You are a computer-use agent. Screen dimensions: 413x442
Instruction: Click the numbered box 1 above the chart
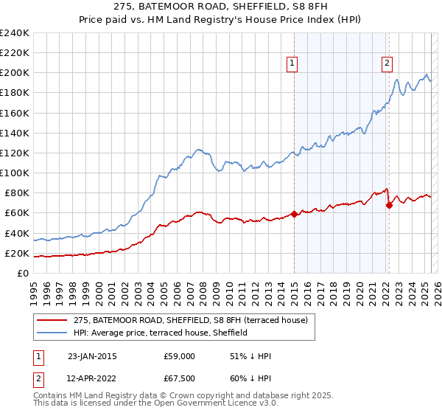[292, 64]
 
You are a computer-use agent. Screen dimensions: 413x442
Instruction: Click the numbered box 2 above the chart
[387, 64]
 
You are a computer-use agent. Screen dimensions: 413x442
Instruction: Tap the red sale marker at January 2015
[294, 215]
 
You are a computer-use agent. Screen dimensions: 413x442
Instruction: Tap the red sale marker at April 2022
[389, 206]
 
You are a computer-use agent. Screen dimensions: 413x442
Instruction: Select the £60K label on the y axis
[18, 213]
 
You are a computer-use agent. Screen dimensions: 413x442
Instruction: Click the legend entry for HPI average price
[160, 333]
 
